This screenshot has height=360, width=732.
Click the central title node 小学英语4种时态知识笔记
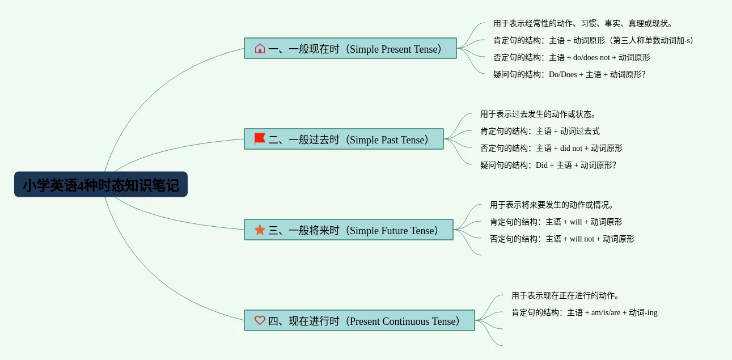101,184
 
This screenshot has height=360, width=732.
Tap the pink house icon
260,48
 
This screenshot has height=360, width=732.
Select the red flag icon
260,138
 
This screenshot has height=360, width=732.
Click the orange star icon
260,230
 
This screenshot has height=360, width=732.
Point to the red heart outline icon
260,320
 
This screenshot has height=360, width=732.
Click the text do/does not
591,57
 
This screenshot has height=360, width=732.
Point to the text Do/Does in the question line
562,74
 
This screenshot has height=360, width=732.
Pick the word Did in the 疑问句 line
541,166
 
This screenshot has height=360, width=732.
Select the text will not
582,239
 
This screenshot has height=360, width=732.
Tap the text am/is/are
606,313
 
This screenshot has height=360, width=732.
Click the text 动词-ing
643,312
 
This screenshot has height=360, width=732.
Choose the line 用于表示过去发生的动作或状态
538,115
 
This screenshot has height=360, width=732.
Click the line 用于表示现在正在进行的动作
565,295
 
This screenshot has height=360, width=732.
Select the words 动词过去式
580,132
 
